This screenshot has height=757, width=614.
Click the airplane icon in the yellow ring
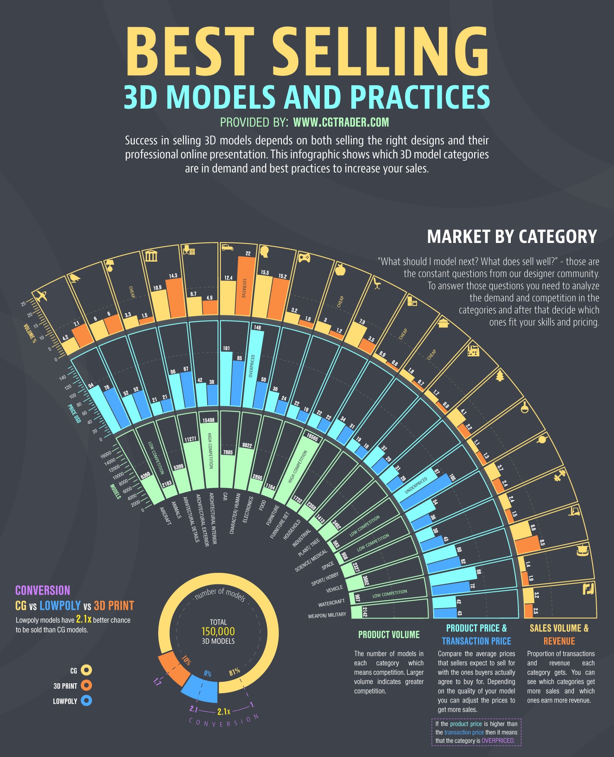coord(41,295)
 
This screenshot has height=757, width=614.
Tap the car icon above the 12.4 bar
coord(227,247)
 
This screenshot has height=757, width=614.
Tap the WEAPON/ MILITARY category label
coord(327,615)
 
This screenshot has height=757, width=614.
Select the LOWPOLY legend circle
coord(86,700)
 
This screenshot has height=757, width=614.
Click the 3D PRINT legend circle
coord(86,685)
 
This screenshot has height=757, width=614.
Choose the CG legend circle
coord(86,670)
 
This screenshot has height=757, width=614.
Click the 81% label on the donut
coord(235,672)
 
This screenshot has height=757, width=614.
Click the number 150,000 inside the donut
coord(218,631)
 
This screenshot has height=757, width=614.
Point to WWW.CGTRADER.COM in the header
coord(341,123)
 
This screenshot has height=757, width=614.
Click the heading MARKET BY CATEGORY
coord(512,237)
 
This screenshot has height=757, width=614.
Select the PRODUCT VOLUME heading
coord(389,635)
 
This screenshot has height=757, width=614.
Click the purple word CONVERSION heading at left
coord(43,590)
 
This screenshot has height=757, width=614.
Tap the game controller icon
coord(304,257)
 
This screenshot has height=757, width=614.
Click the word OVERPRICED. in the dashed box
coord(498,740)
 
